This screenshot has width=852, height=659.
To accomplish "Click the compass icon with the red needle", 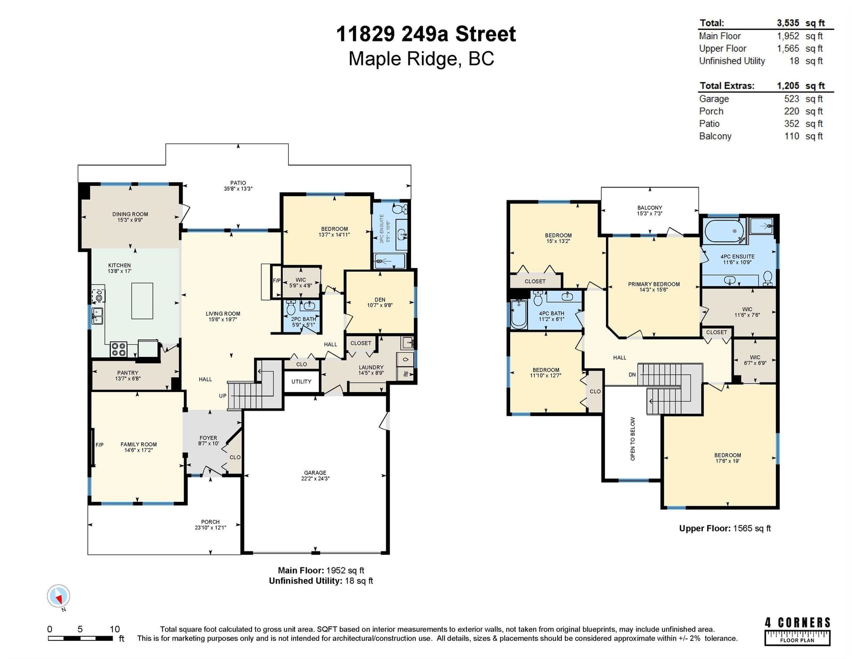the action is pyautogui.click(x=59, y=596).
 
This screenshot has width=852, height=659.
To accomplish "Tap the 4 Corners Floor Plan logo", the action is pyautogui.click(x=797, y=631).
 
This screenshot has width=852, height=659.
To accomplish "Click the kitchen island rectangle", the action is pyautogui.click(x=142, y=301).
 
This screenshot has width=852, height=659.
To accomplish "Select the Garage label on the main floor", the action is pyautogui.click(x=315, y=473).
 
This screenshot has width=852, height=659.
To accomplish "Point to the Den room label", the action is pyautogui.click(x=380, y=300).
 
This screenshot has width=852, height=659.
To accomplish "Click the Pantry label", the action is pyautogui.click(x=127, y=373).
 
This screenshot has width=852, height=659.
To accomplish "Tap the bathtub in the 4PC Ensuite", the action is pyautogui.click(x=725, y=231).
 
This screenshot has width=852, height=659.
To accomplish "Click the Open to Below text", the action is pyautogui.click(x=633, y=438).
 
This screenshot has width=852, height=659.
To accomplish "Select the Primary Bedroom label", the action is pyautogui.click(x=653, y=284).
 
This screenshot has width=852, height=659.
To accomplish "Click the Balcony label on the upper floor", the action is pyautogui.click(x=649, y=208).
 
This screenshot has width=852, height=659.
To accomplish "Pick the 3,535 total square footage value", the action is pyautogui.click(x=788, y=23).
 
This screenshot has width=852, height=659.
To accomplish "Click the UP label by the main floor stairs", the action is pyautogui.click(x=223, y=396).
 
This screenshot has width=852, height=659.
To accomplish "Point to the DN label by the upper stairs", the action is pyautogui.click(x=632, y=375).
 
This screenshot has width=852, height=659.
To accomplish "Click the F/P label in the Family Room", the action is pyautogui.click(x=100, y=445).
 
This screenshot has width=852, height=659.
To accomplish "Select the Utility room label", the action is pyautogui.click(x=301, y=381).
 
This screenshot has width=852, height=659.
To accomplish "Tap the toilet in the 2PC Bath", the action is pyautogui.click(x=291, y=307).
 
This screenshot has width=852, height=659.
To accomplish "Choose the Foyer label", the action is pyautogui.click(x=208, y=438).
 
